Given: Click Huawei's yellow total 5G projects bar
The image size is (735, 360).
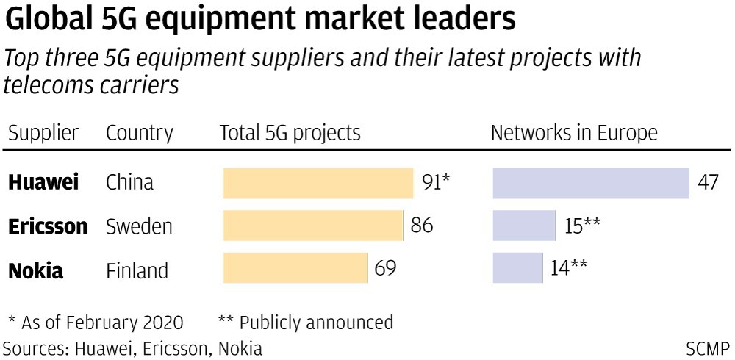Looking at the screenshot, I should coord(318,183).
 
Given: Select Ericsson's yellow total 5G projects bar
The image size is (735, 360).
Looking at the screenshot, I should coord(312,226).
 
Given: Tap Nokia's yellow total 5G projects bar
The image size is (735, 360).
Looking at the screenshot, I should coord(295,268).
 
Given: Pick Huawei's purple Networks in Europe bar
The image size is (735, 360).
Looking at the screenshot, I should coord(590,183).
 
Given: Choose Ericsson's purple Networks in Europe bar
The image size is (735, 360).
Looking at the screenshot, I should coord(523,226).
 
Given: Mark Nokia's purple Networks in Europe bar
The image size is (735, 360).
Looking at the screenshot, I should coord(517,268).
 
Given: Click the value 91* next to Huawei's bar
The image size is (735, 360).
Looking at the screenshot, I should coord(436,183).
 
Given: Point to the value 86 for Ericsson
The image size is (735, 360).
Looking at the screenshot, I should coord(422,226).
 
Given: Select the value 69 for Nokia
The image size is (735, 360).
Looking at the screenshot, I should coord(385,268).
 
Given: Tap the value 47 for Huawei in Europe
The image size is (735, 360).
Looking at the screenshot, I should coord(708,183).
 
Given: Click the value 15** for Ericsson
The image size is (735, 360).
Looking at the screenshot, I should coord(583,226).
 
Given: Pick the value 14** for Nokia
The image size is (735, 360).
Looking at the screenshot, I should coord(569,268).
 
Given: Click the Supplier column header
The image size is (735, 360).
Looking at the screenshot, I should coord(43,133).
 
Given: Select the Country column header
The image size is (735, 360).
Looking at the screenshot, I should coord(140,133).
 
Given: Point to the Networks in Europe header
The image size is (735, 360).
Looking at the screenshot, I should coord(574,133).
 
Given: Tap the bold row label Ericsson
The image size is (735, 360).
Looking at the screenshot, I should coord(48,226).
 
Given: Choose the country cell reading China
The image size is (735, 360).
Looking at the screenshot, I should coord(130,183).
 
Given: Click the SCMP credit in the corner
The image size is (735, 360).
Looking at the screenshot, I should coord(708,348).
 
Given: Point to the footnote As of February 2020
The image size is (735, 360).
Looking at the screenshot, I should coord(96,322).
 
